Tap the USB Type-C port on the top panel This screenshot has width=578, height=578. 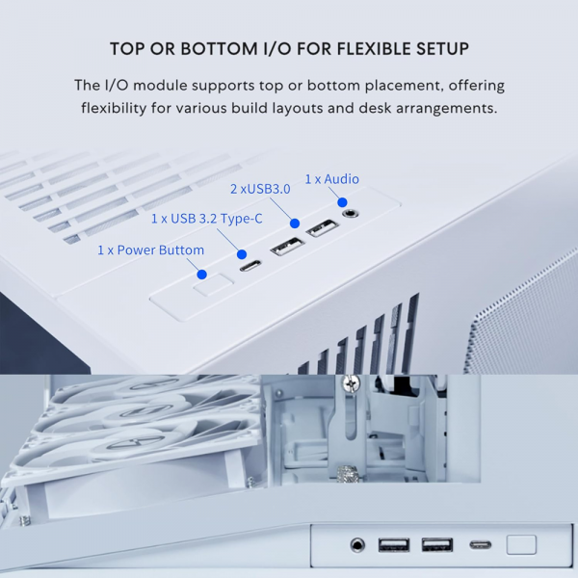click(250, 266)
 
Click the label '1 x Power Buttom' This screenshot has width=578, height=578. click(150, 250)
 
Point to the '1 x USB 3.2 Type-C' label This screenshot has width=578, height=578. click(206, 219)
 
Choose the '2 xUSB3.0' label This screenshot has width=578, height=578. click(259, 189)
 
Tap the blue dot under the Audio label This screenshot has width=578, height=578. click(341, 201)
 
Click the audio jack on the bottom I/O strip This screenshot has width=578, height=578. click(358, 545)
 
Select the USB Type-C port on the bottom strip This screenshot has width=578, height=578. click(480, 545)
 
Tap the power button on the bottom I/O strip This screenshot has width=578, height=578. click(521, 544)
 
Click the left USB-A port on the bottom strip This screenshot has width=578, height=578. click(394, 545)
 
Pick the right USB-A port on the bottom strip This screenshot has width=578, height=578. click(436, 545)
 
